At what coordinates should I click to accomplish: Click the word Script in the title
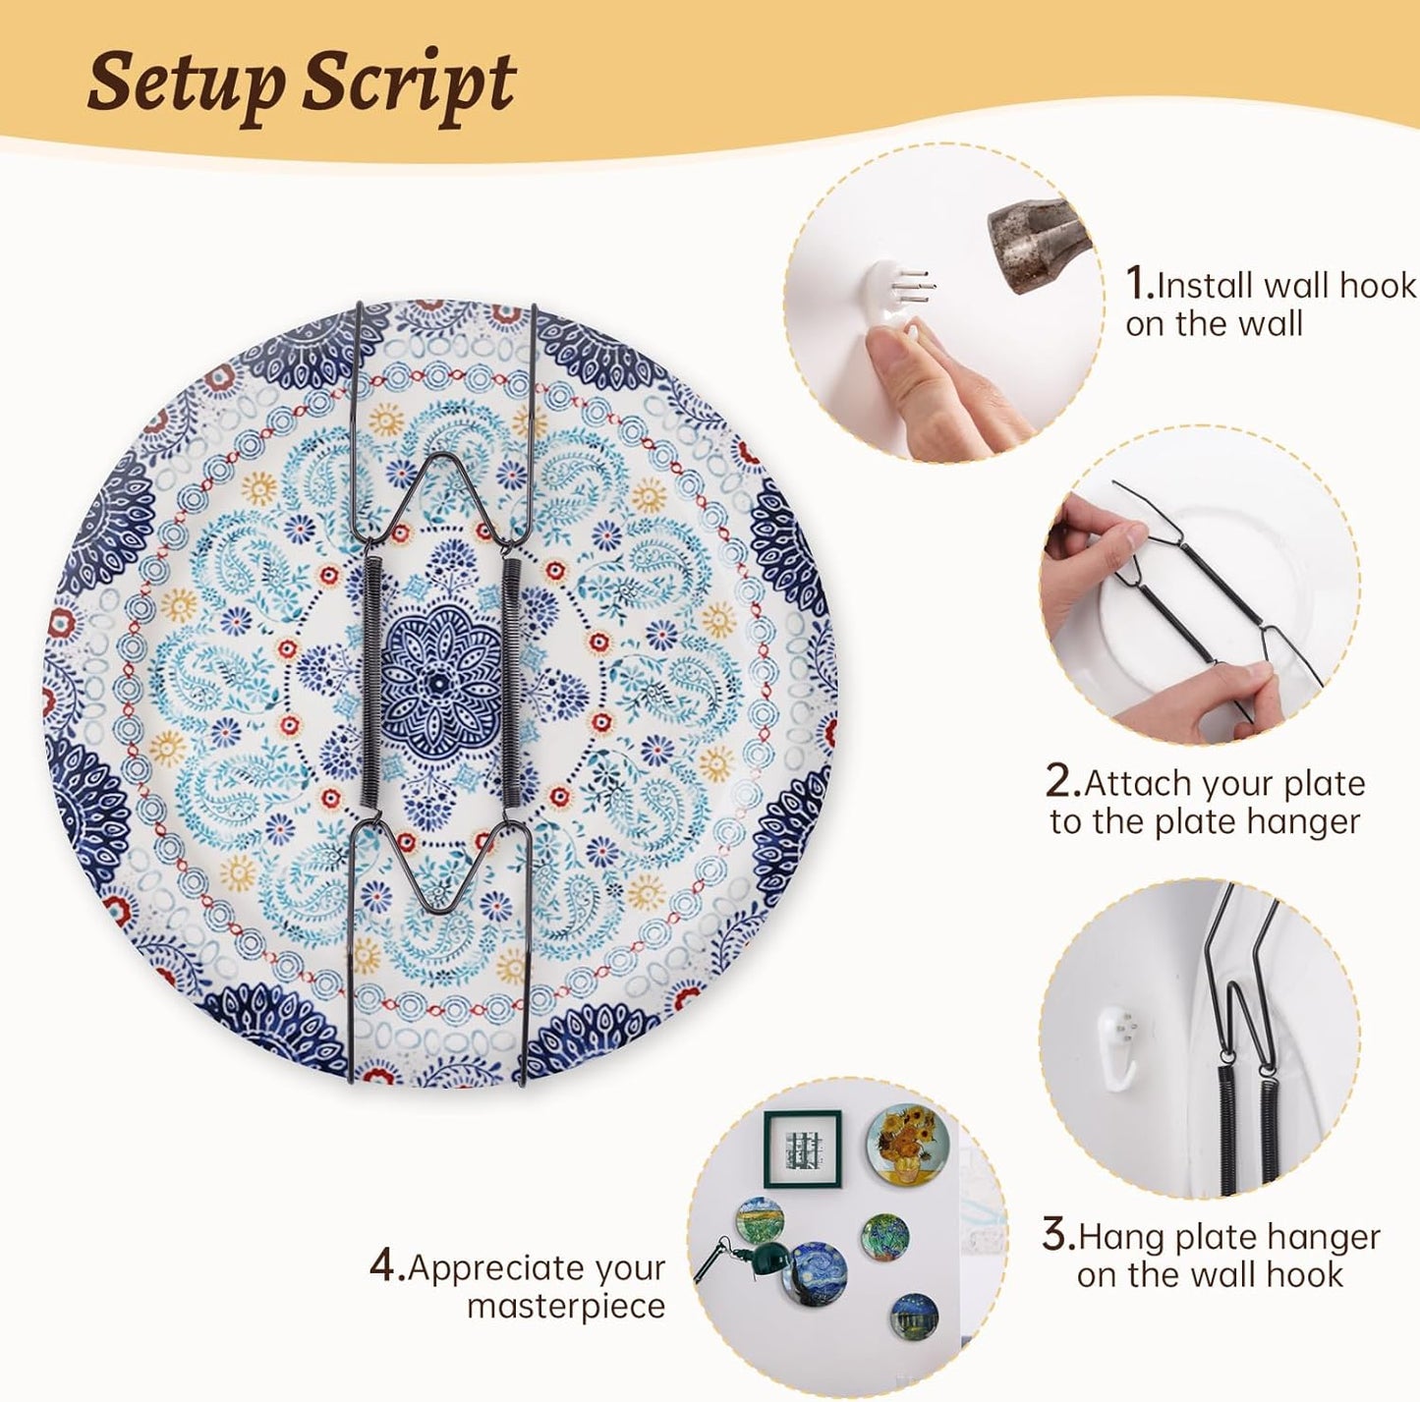pos(410,84)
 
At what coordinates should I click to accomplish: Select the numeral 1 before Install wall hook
pos(1139,283)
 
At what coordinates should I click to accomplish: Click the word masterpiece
pos(566,1307)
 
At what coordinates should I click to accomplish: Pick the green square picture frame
pos(803,1150)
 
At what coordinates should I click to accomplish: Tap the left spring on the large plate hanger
pos(371,682)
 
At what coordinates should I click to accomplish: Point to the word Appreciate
pos(537,1268)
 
